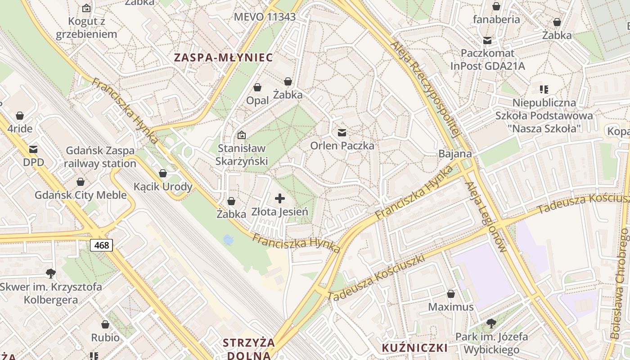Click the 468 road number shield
(x=101, y=245)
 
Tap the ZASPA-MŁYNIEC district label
(x=224, y=58)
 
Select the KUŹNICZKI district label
(x=414, y=348)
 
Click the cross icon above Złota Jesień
(x=280, y=198)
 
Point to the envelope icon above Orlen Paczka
(x=342, y=132)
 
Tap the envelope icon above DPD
(x=33, y=149)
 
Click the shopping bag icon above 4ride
(x=20, y=116)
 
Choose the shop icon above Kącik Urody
(x=163, y=173)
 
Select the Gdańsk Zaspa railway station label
(x=100, y=157)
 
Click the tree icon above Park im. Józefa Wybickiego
(x=491, y=323)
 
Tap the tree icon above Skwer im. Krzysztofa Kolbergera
(x=51, y=273)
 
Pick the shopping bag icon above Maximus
(x=450, y=294)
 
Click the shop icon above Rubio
(x=105, y=324)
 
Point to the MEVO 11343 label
(x=265, y=17)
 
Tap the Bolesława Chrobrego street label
(x=619, y=283)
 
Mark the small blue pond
(x=228, y=240)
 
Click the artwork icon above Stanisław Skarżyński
(x=242, y=135)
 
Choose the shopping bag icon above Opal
(x=257, y=87)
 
